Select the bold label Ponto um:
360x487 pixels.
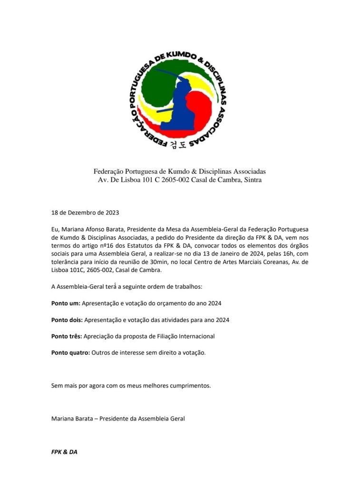[x=66, y=303]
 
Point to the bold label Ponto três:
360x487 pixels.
[x=67, y=336]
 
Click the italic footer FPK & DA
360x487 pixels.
[x=64, y=452]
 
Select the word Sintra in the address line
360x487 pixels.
[x=252, y=180]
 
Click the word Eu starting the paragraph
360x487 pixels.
[x=55, y=228]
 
